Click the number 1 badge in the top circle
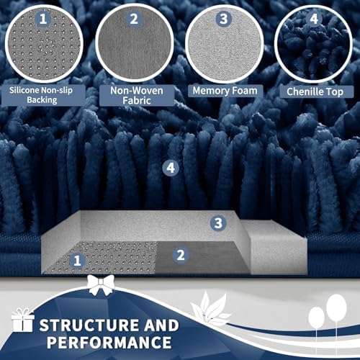[42, 19]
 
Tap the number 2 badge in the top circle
[134, 19]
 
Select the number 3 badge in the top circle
[223, 19]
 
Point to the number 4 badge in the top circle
[314, 19]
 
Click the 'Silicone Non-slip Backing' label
[41, 95]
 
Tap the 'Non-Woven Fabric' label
[137, 95]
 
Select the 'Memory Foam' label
[225, 91]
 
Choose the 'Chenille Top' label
[315, 91]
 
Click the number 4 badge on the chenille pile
[171, 168]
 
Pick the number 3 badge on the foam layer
[218, 223]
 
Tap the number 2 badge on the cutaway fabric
[181, 255]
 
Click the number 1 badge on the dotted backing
[77, 261]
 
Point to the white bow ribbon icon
[100, 285]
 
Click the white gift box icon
[22, 320]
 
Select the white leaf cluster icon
[210, 307]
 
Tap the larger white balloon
[336, 307]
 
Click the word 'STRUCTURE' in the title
[89, 325]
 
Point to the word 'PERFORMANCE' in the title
[109, 342]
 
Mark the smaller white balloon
[317, 318]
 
